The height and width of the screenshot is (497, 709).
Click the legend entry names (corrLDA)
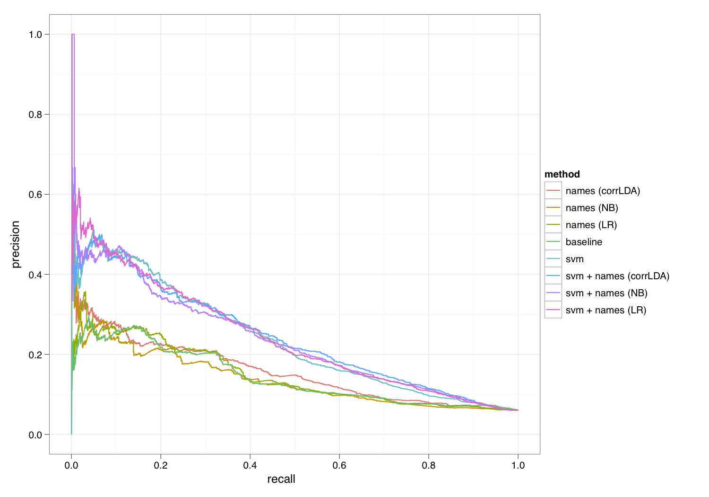[x=603, y=191]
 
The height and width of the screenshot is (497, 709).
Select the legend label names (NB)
[x=592, y=208]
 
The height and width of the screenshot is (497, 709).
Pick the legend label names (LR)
[x=591, y=225]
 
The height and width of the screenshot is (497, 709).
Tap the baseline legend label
[x=584, y=242]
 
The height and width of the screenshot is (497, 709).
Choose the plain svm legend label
[x=574, y=259]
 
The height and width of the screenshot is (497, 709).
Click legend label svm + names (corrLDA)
[x=617, y=276]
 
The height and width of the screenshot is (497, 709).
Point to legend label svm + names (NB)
[x=606, y=293]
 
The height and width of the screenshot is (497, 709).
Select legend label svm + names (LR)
[x=606, y=310]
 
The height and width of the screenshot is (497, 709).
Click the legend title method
[x=562, y=174]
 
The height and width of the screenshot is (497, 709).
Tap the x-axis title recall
[x=281, y=479]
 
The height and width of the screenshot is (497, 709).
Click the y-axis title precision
[x=16, y=244]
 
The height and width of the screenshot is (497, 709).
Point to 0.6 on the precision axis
[x=35, y=195]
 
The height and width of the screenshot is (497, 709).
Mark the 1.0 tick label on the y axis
[x=35, y=35]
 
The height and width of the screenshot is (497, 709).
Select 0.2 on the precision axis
[x=35, y=355]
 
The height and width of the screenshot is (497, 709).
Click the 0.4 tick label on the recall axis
[x=250, y=465]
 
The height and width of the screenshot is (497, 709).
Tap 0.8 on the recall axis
[x=429, y=465]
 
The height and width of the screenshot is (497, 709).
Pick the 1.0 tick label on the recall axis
[x=518, y=465]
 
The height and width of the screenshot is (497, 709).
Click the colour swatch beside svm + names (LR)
[x=553, y=310]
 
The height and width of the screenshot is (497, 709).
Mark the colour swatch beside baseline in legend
[x=553, y=242]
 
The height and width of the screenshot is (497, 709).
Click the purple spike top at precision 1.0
[x=73, y=35]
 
